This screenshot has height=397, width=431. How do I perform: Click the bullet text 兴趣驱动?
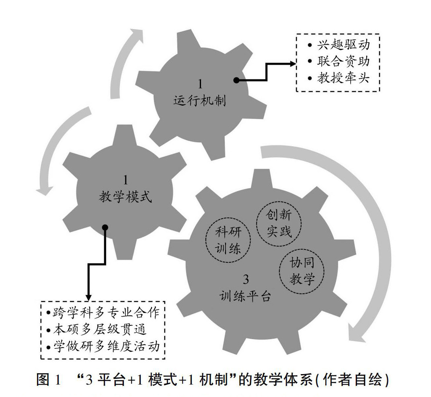343,45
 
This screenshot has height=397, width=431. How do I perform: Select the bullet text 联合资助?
343,61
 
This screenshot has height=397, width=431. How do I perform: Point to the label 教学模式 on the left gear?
126,197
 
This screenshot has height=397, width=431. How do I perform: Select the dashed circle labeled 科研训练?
228,241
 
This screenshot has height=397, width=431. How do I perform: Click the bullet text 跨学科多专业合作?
106,312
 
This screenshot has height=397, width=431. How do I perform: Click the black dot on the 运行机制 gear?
236,80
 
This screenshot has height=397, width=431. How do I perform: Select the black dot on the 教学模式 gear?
105,227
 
